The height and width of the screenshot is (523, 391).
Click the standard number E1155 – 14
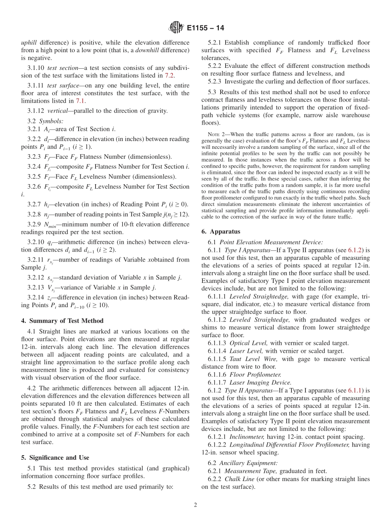pyautogui.click(x=205, y=28)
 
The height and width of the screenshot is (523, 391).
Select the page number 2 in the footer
pyautogui.click(x=195, y=505)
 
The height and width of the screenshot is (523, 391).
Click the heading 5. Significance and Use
pyautogui.click(x=55, y=457)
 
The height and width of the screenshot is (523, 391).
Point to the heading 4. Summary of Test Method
pyautogui.click(x=62, y=321)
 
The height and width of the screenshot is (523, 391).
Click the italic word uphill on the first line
pyautogui.click(x=29, y=42)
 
